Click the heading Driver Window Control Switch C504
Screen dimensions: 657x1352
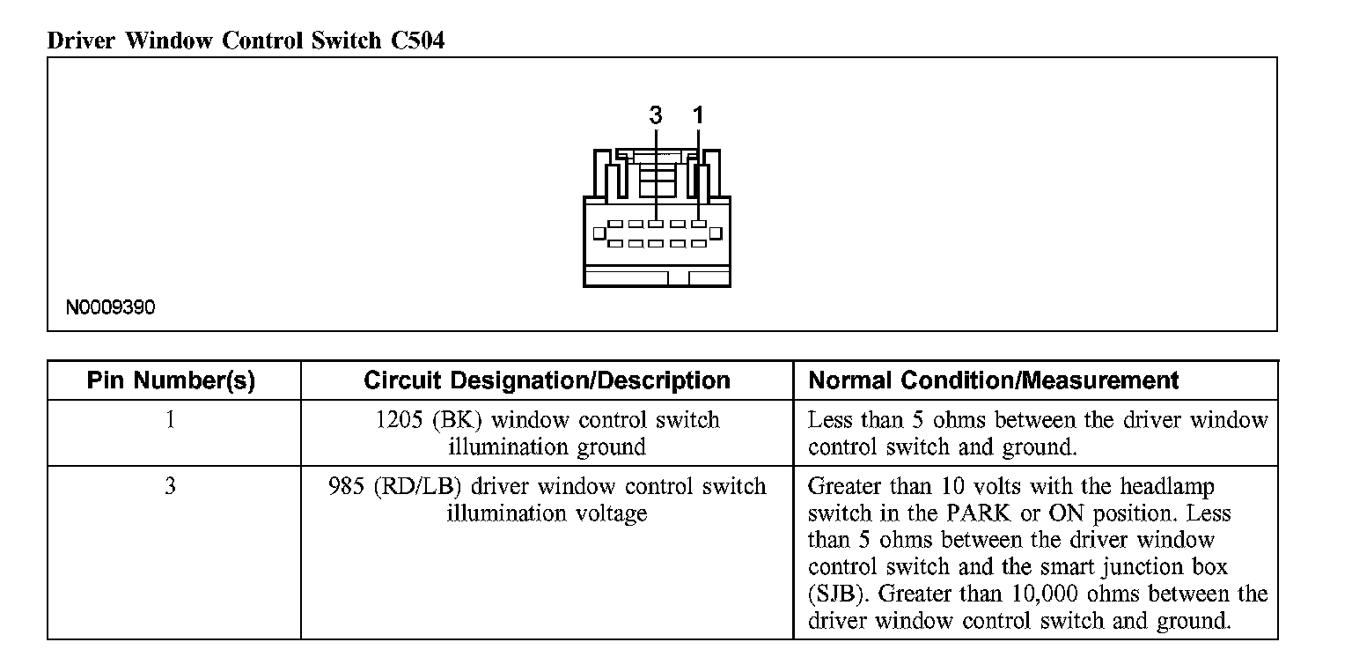click(246, 41)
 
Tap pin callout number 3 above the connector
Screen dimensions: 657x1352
click(655, 115)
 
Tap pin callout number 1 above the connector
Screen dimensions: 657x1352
click(698, 115)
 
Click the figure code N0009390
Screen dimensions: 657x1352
click(110, 308)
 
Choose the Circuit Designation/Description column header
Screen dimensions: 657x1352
click(547, 380)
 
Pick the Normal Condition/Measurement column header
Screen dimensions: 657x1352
click(993, 380)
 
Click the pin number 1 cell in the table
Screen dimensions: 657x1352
click(170, 420)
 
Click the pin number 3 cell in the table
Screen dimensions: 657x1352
click(170, 486)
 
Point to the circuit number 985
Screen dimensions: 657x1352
click(346, 486)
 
